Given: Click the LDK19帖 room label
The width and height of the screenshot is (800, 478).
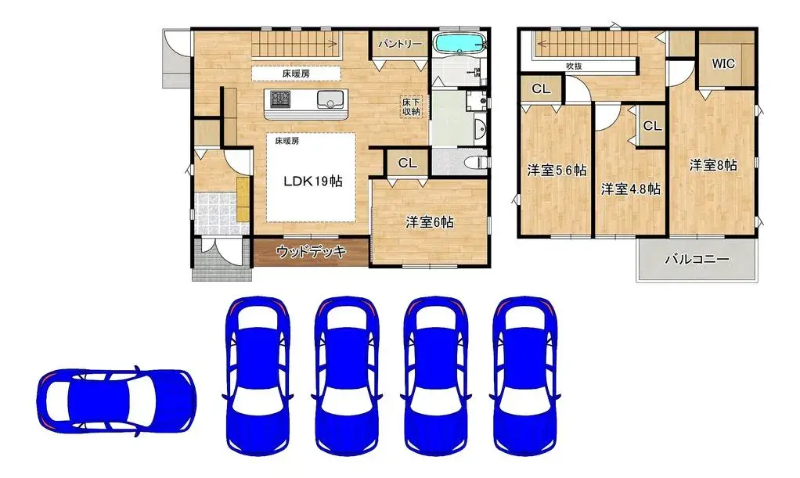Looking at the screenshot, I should [x=313, y=181].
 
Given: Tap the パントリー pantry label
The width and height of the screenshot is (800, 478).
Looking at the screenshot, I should [x=400, y=45].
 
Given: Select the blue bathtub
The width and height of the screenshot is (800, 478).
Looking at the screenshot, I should [x=459, y=43].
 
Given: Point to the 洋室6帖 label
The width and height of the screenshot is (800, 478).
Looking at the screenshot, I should [x=429, y=222].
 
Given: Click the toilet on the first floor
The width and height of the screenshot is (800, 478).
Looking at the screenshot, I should [x=473, y=162].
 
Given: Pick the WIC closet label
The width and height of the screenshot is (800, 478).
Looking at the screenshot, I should [x=723, y=63].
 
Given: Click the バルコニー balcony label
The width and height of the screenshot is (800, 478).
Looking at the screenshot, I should [x=697, y=259].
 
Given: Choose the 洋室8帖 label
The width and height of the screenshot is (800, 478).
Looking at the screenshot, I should [x=712, y=165].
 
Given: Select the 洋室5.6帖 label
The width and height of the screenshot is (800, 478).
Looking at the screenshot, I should [x=556, y=171].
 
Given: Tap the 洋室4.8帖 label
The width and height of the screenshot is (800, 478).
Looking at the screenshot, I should [x=630, y=189].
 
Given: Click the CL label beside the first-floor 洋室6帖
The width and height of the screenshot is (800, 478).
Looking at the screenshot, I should [x=406, y=164].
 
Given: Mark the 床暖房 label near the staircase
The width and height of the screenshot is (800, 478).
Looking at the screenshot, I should [x=295, y=74].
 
